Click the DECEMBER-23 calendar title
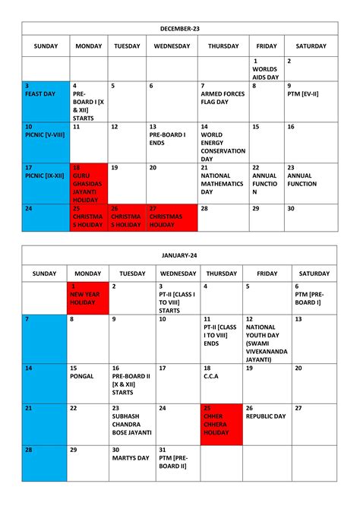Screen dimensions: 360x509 tap(179, 28)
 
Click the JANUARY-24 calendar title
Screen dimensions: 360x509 tap(179, 255)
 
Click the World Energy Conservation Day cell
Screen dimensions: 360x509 tap(223, 142)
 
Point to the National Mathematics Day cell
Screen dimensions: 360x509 tap(223, 183)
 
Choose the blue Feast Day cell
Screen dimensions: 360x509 tap(45, 99)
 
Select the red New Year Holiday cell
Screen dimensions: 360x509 tap(88, 297)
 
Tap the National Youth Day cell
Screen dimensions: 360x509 tap(267, 338)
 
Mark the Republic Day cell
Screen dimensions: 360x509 tap(267, 423)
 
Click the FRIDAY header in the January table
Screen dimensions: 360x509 tap(267, 273)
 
